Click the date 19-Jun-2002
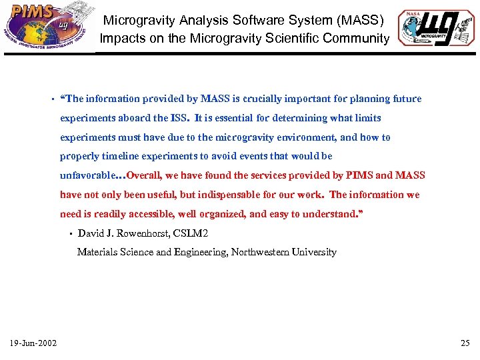coord(33,343)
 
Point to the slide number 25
coord(465,343)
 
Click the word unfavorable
coord(89,175)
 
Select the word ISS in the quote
coord(179,118)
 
